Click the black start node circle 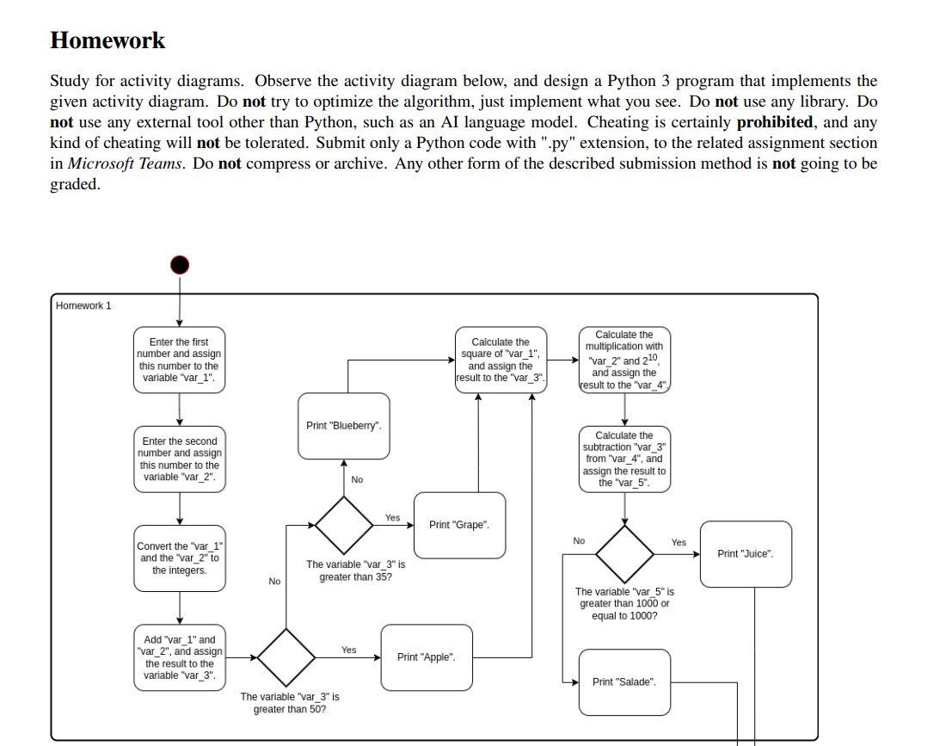tap(179, 264)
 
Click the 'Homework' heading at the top tap(107, 40)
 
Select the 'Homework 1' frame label tap(83, 305)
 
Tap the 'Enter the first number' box tap(179, 360)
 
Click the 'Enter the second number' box tap(179, 459)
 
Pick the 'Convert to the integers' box tap(179, 558)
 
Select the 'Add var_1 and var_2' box tap(179, 657)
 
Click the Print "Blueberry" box tap(343, 426)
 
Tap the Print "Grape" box tap(459, 525)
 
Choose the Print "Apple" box tap(427, 657)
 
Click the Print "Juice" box tap(746, 554)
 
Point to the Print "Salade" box tap(624, 682)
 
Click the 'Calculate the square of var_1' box tap(501, 360)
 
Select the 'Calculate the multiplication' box tap(624, 360)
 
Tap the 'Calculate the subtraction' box tap(624, 459)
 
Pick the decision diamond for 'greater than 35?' tap(343, 525)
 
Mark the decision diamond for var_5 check tap(624, 554)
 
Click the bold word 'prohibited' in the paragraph tap(774, 122)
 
